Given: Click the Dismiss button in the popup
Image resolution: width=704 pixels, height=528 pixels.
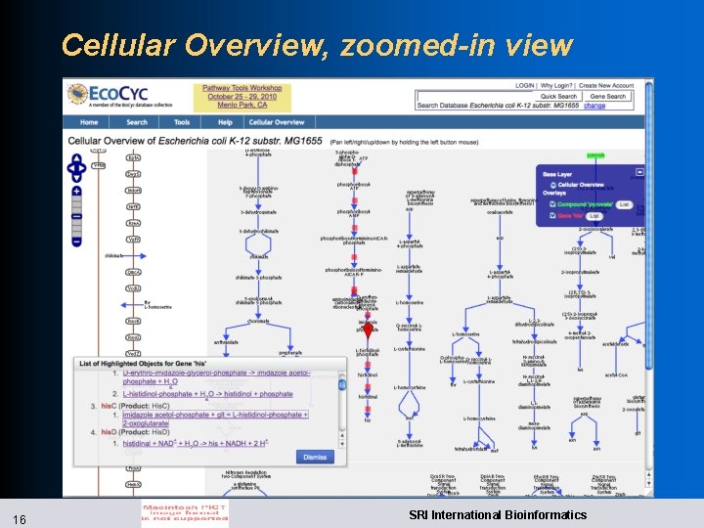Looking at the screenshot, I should [x=315, y=457].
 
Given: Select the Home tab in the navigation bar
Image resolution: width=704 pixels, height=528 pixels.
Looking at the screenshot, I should [x=89, y=122].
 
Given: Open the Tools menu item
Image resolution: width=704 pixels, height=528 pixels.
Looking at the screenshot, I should [x=182, y=122].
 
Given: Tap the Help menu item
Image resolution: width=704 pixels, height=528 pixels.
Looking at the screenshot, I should [x=225, y=122].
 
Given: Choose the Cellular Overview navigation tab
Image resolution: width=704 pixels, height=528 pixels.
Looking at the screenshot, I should [x=277, y=122].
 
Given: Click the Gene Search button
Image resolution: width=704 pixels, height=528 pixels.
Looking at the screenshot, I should [x=608, y=97].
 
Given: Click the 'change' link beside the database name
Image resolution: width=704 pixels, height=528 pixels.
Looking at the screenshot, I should [x=594, y=106].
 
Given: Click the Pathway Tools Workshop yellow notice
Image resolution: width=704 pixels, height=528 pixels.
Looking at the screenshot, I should [x=241, y=96].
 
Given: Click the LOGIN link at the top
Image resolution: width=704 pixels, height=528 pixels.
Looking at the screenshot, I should [x=525, y=85].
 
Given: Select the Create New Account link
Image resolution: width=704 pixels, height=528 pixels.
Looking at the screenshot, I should [x=606, y=85].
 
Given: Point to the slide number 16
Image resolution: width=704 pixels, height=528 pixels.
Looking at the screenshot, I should [x=21, y=515].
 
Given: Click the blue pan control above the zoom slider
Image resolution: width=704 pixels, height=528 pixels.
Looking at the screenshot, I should [x=76, y=170].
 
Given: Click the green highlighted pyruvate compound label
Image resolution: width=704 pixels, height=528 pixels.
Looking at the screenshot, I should [x=595, y=154].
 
